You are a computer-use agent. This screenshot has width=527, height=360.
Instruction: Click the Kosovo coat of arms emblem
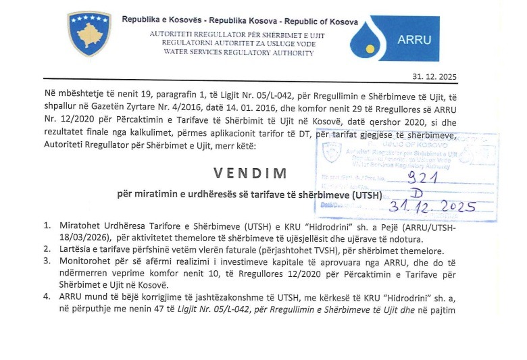click(x=89, y=34)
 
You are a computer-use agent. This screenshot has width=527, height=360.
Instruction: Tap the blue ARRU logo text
click(x=414, y=39)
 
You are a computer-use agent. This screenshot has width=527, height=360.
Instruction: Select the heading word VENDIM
click(x=251, y=172)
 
